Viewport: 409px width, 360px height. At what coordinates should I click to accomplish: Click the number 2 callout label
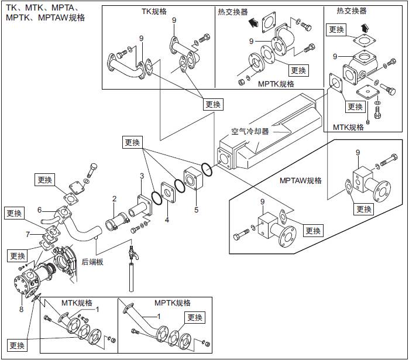click(115, 199)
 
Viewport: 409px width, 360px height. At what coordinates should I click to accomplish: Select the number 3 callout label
click(141, 176)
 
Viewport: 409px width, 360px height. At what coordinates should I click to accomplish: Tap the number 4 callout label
click(167, 220)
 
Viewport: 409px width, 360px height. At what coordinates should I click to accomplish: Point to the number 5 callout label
click(197, 209)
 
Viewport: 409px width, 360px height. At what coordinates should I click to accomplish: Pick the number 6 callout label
click(39, 210)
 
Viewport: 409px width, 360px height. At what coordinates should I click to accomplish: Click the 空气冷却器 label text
click(249, 132)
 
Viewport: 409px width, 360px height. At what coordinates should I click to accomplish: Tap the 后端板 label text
click(92, 262)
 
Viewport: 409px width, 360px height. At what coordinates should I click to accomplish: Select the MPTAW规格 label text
click(301, 180)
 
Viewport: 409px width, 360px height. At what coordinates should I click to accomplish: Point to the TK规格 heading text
click(154, 12)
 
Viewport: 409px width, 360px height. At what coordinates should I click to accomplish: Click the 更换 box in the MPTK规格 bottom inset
click(195, 317)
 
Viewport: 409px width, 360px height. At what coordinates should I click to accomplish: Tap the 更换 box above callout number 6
click(44, 180)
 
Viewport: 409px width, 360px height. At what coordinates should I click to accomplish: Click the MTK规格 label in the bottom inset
click(77, 303)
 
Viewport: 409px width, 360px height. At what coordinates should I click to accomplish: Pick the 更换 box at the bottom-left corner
click(18, 345)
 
